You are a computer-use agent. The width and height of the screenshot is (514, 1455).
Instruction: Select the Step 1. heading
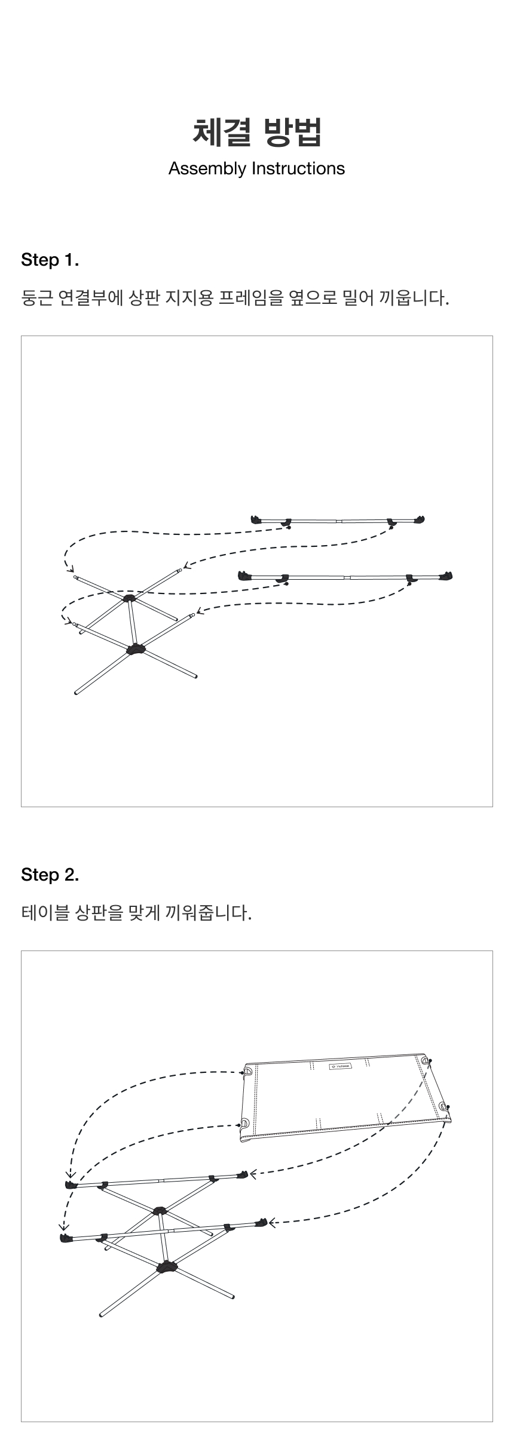pos(50,260)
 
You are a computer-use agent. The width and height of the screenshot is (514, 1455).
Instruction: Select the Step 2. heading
pos(50,875)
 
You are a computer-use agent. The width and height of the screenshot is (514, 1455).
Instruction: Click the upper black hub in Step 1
pos(130,597)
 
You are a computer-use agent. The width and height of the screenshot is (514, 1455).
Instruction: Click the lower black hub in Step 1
pos(136,649)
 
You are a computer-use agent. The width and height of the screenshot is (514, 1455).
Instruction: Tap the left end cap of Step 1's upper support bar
pos(258,519)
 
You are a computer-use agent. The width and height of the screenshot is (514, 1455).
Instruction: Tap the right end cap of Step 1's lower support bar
pos(445,576)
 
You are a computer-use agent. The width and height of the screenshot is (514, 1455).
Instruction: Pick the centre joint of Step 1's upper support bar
pos(338,521)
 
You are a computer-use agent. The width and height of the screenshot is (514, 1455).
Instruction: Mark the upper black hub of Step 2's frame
pos(160,1211)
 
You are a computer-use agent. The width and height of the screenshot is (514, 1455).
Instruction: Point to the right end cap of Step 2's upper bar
pos(242,1175)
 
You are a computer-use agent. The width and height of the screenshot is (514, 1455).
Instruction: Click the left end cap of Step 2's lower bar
pos(66,1238)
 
